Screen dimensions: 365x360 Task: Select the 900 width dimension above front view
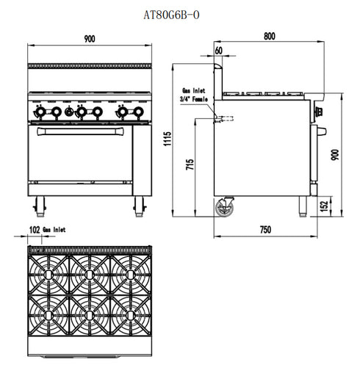click(88, 37)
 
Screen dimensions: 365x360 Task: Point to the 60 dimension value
click(219, 50)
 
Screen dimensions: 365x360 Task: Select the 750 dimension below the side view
click(264, 230)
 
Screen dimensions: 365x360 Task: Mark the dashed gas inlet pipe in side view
click(224, 118)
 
